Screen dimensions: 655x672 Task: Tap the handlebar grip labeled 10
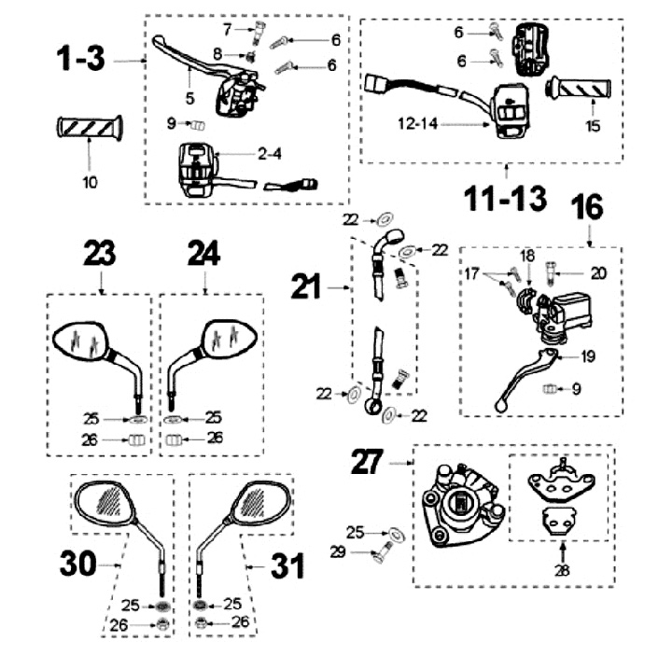tap(90, 127)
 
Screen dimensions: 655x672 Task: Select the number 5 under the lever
tap(189, 96)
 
